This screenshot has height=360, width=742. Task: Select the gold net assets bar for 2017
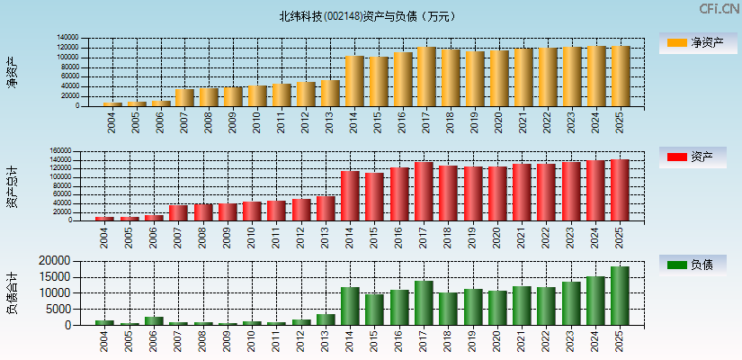[x=426, y=76]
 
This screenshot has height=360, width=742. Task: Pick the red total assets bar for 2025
[x=620, y=190]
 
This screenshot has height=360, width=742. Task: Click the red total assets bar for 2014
[x=350, y=195]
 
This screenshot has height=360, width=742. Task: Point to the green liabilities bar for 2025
[x=620, y=295]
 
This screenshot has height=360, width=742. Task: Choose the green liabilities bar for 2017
[x=424, y=302]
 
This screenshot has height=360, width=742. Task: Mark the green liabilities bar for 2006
[x=154, y=320]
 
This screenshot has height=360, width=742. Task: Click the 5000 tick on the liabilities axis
[x=60, y=310]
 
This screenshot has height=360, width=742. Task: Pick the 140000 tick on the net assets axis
[x=67, y=38]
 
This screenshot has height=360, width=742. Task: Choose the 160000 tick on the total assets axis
[x=60, y=151]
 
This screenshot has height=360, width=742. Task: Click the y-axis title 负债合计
[x=12, y=292]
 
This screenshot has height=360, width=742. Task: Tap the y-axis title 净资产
[x=12, y=72]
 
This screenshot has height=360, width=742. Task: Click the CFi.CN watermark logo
[x=719, y=9]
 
